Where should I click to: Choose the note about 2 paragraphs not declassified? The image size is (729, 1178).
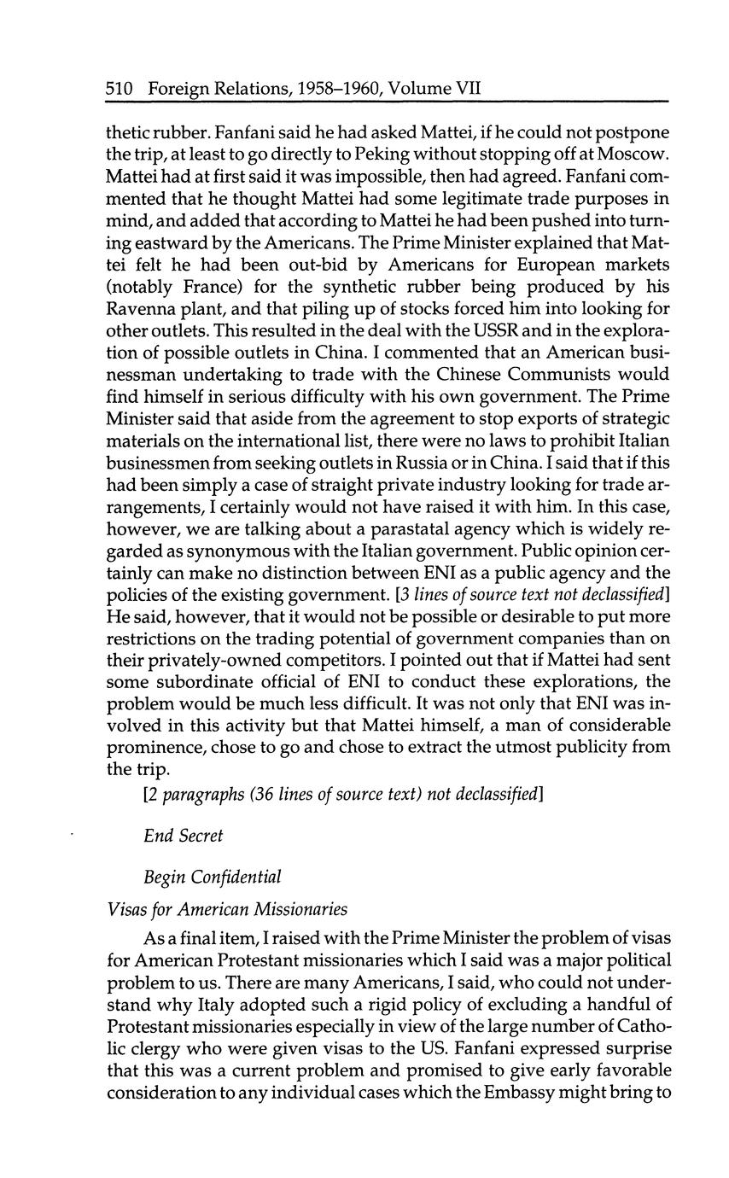pyautogui.click(x=344, y=794)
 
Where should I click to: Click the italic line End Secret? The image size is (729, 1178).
pyautogui.click(x=184, y=836)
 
